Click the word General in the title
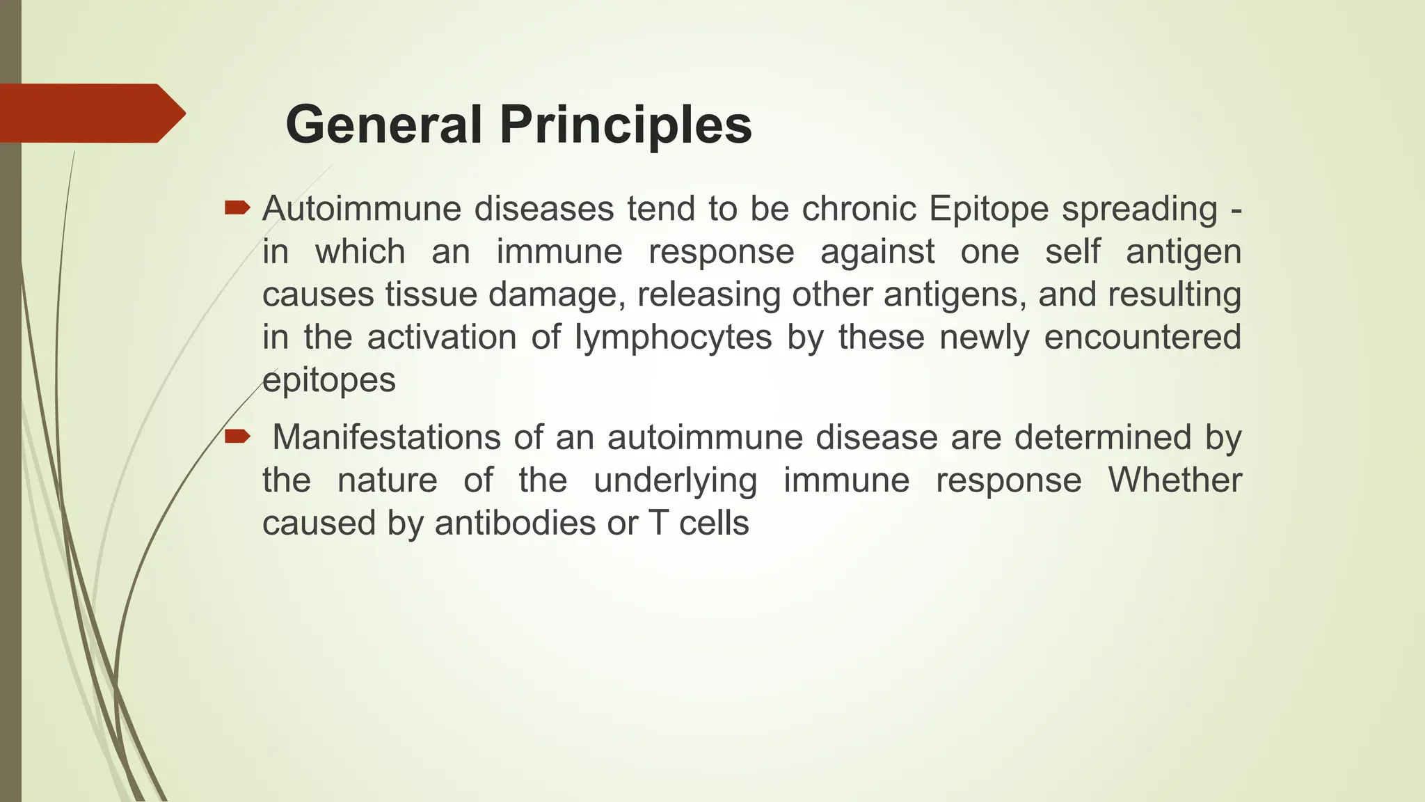[x=383, y=125]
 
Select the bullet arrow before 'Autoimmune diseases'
[x=237, y=207]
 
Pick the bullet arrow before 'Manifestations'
[x=237, y=437]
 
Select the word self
[x=1072, y=251]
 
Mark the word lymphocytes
[x=673, y=338]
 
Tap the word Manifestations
[x=386, y=438]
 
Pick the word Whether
[x=1175, y=480]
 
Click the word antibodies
[x=515, y=524]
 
